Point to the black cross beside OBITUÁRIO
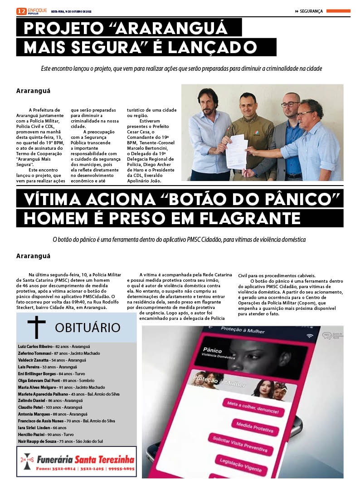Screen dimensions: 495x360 point(36,327)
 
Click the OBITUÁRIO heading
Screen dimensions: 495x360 point(88,328)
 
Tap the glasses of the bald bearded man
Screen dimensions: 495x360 point(290,104)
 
